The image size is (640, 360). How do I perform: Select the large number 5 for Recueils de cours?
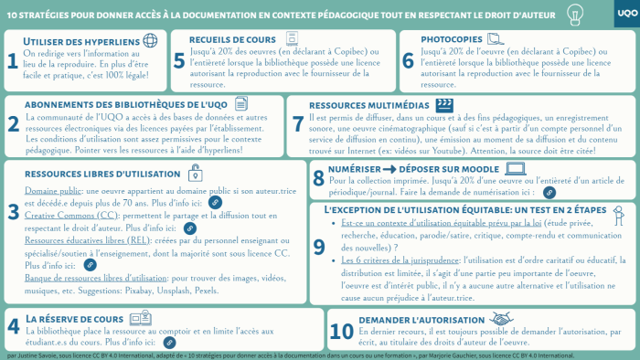pyautogui.click(x=179, y=60)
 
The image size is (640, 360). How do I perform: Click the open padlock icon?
pyautogui.click(x=195, y=173)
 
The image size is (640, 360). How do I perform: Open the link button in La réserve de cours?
pyautogui.click(x=169, y=342)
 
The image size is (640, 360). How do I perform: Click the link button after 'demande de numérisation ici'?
pyautogui.click(x=549, y=193)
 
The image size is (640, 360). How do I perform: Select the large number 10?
pyautogui.click(x=341, y=332)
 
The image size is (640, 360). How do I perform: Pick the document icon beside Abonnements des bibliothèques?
pyautogui.click(x=241, y=104)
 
